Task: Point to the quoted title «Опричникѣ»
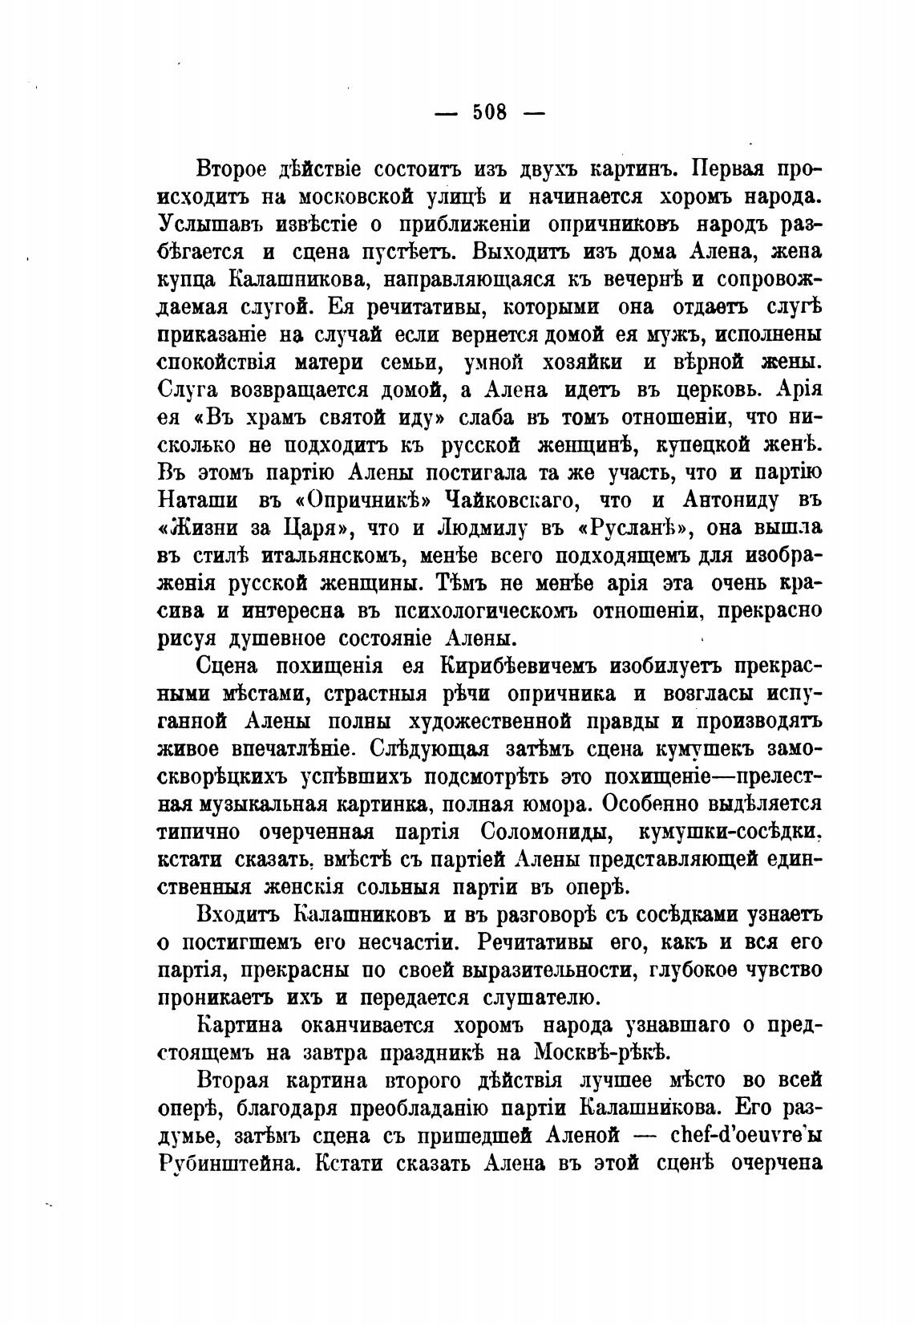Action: pyautogui.click(x=354, y=500)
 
